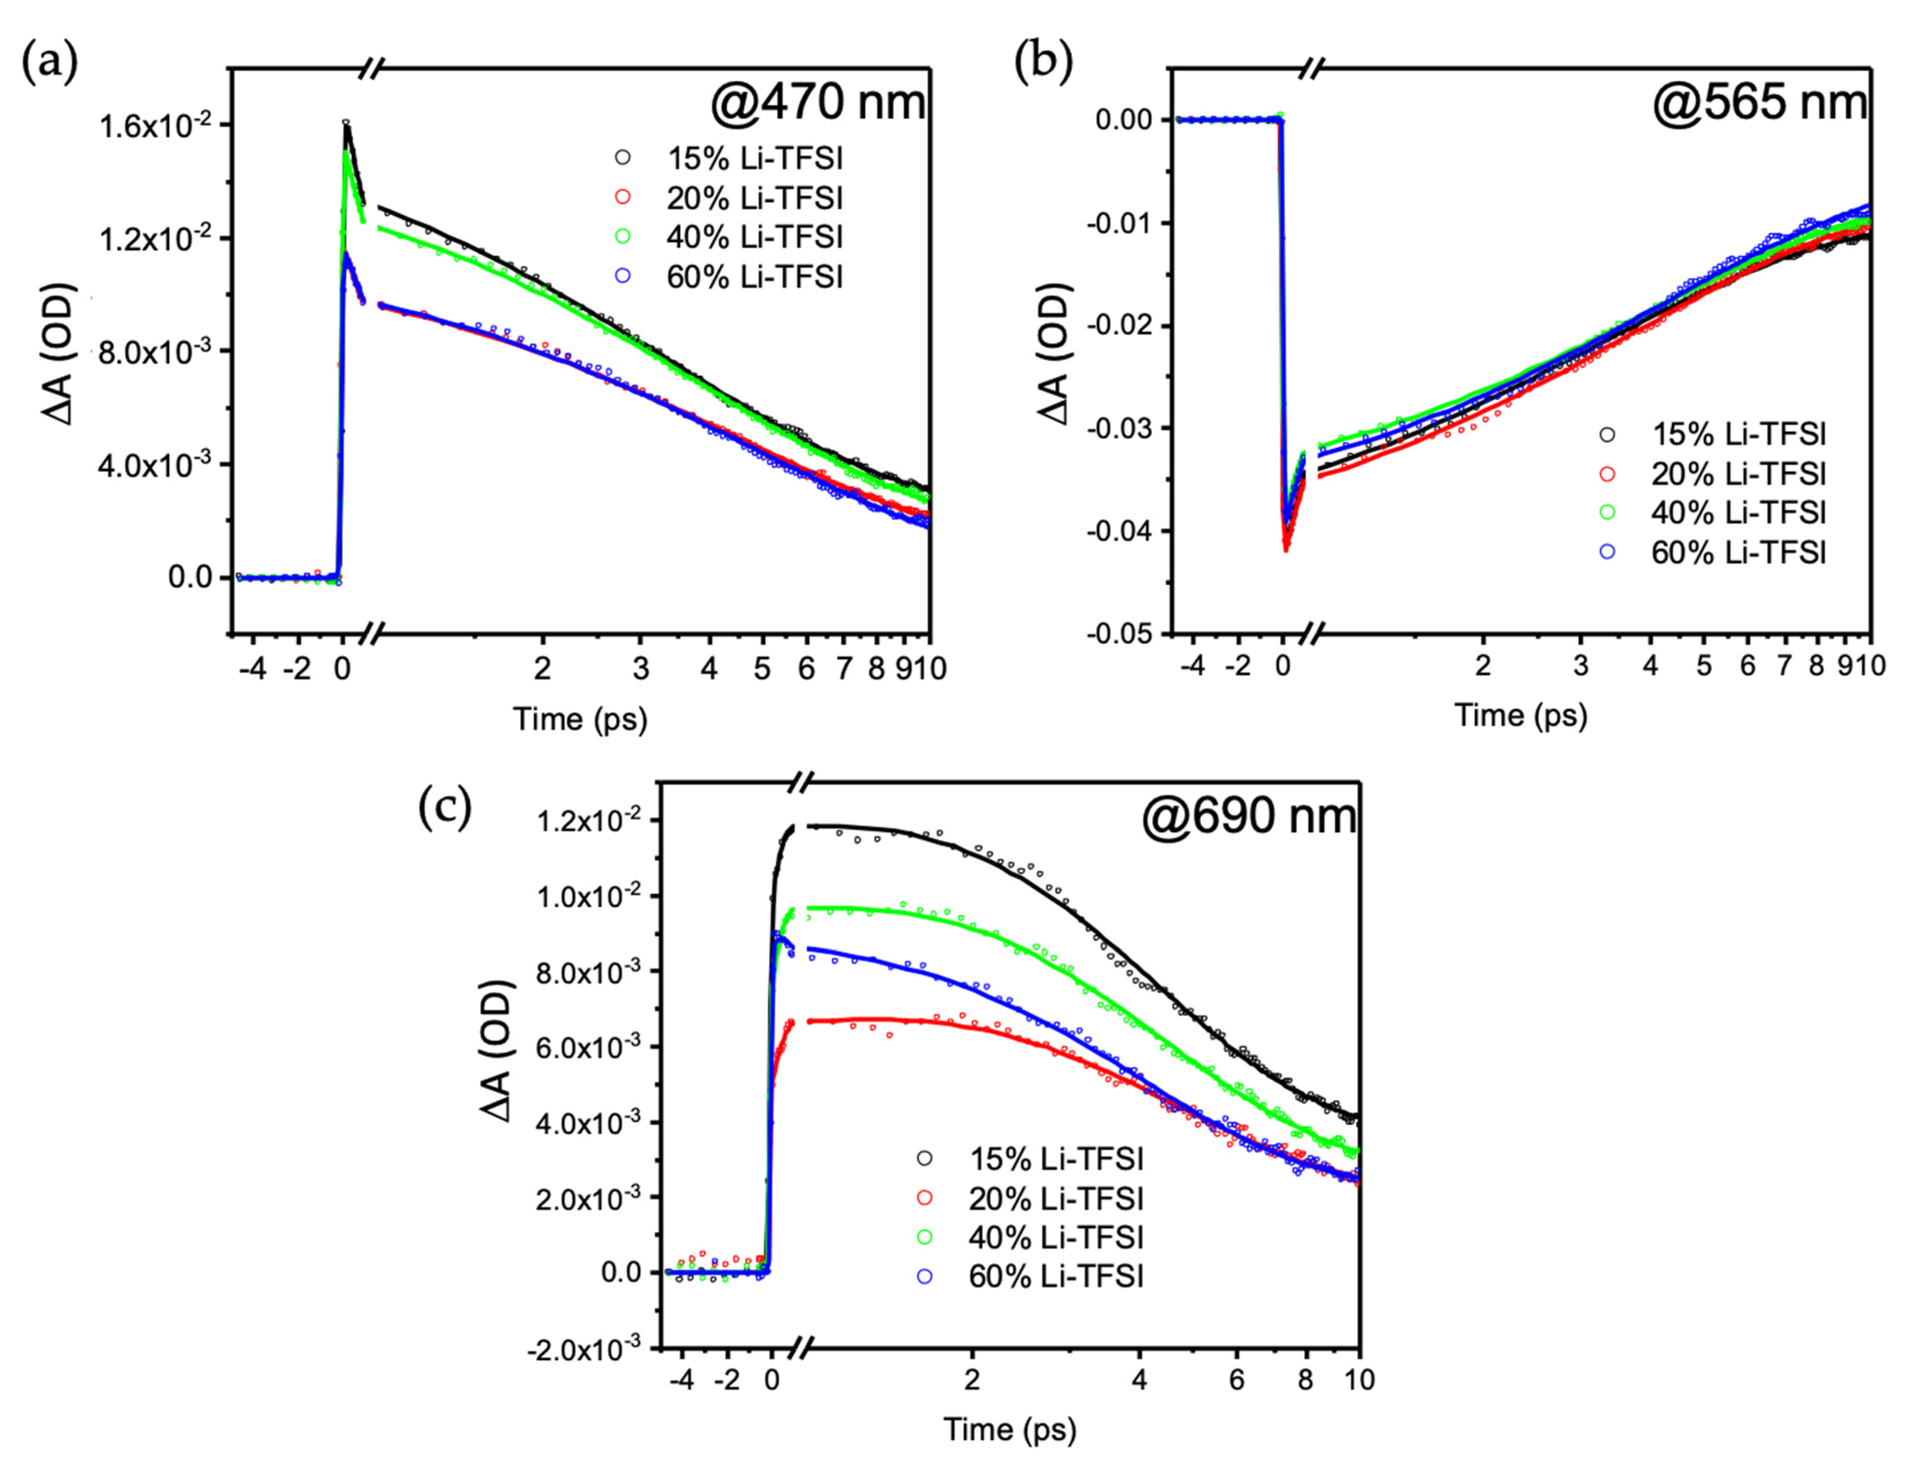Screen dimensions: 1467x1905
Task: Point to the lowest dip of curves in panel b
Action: pyautogui.click(x=1285, y=548)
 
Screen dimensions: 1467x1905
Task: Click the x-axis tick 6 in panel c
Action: pyautogui.click(x=1236, y=1380)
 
